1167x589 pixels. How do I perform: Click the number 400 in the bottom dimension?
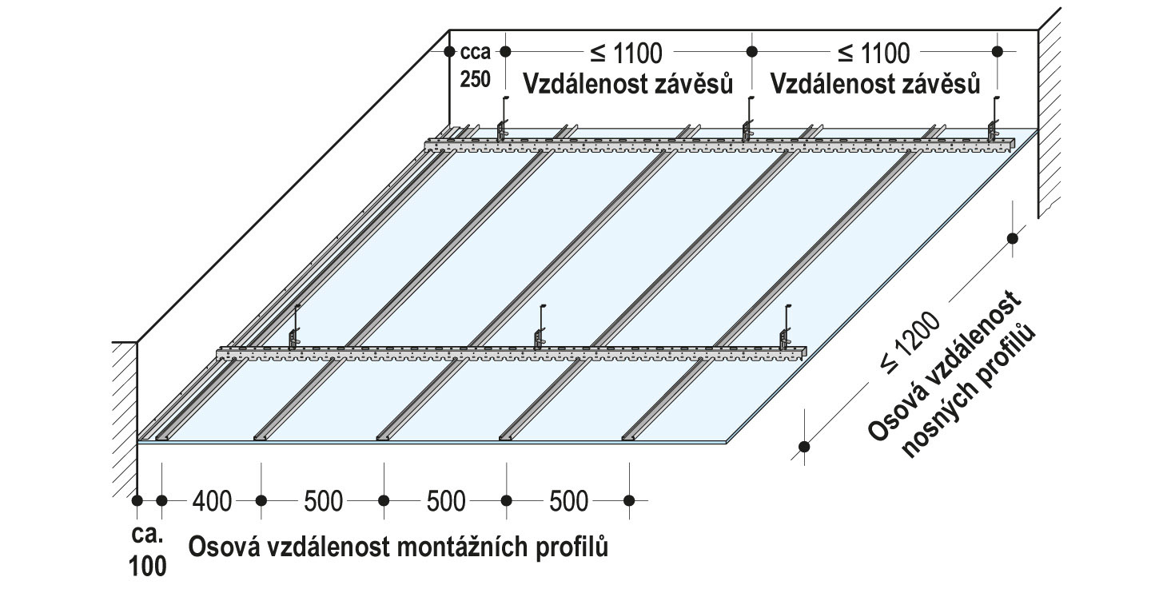point(212,502)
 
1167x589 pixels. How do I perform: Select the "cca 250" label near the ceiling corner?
point(475,67)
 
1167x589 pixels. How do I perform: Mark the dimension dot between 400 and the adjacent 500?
point(261,501)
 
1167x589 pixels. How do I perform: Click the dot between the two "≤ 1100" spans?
point(751,51)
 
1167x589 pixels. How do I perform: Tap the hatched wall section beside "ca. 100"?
point(123,416)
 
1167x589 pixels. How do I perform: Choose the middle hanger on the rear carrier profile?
point(748,120)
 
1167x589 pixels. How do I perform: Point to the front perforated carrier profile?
point(512,352)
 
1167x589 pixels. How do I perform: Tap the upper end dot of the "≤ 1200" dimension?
point(1013,237)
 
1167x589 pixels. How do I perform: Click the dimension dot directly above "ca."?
point(137,501)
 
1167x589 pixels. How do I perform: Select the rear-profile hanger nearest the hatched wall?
point(994,120)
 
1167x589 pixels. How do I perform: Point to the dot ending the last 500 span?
point(630,501)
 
